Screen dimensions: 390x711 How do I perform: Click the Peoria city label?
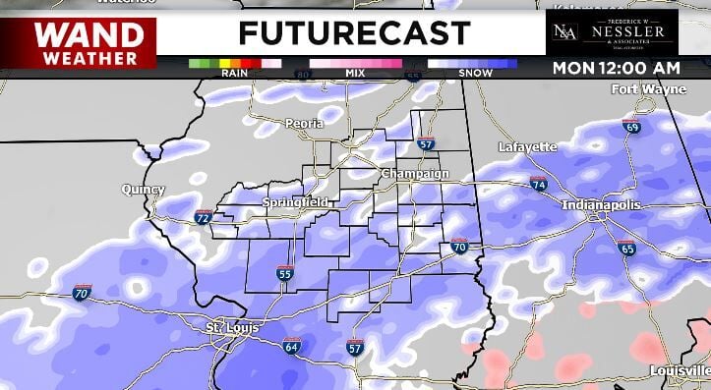coord(303,124)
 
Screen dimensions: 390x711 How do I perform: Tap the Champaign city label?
coord(415,174)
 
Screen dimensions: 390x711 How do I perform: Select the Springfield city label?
coord(295,202)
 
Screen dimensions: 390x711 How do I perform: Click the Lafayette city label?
coord(527,146)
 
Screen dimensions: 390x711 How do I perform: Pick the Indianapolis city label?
coord(601,205)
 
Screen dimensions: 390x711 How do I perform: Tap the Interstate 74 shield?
coord(538,184)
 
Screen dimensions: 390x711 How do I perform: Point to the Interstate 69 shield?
coord(631,128)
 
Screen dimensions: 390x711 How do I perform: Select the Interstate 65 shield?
coord(627,250)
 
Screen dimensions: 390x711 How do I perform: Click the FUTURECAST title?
coord(354,33)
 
